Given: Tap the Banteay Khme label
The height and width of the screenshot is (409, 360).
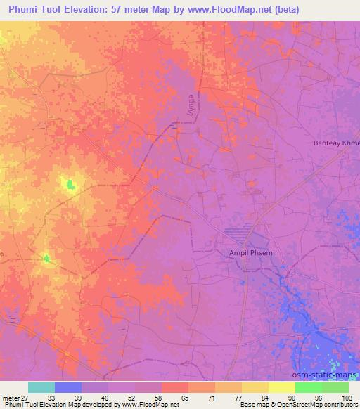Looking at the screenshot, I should point(335,143).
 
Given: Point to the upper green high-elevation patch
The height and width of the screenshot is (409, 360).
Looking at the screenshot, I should point(70,185).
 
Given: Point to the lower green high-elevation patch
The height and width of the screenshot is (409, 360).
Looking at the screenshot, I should point(47,259).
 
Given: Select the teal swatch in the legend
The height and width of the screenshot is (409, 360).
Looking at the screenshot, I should point(41,387).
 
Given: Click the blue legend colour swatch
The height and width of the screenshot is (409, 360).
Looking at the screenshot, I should point(68,387).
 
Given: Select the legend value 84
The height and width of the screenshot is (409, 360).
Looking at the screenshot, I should point(256,397).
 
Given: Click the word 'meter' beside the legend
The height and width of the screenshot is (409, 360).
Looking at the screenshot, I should point(10,397).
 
